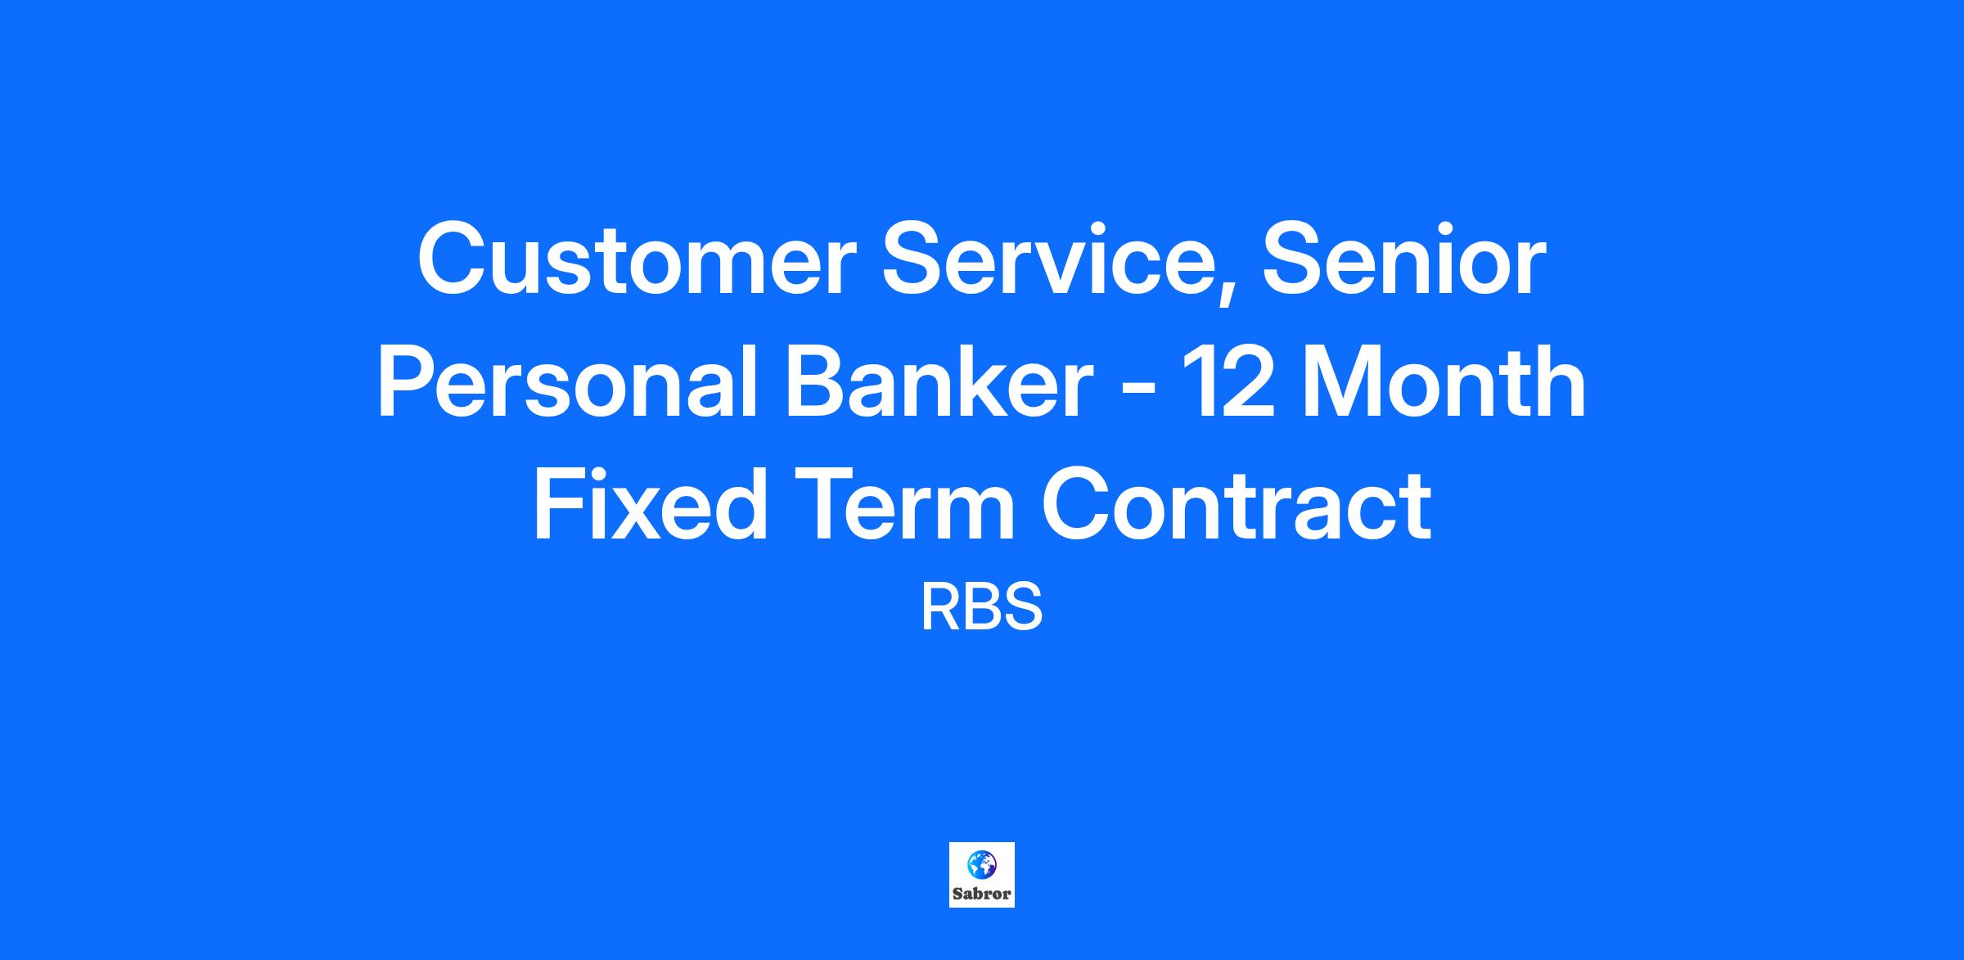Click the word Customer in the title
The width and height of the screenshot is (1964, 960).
[637, 260]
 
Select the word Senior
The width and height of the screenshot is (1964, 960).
[1404, 259]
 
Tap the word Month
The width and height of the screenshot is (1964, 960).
[1435, 382]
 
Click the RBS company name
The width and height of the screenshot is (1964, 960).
[981, 607]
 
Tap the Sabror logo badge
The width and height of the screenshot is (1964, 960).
[982, 875]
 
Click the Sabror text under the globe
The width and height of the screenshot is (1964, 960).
[982, 895]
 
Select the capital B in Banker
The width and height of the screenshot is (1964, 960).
[816, 382]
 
